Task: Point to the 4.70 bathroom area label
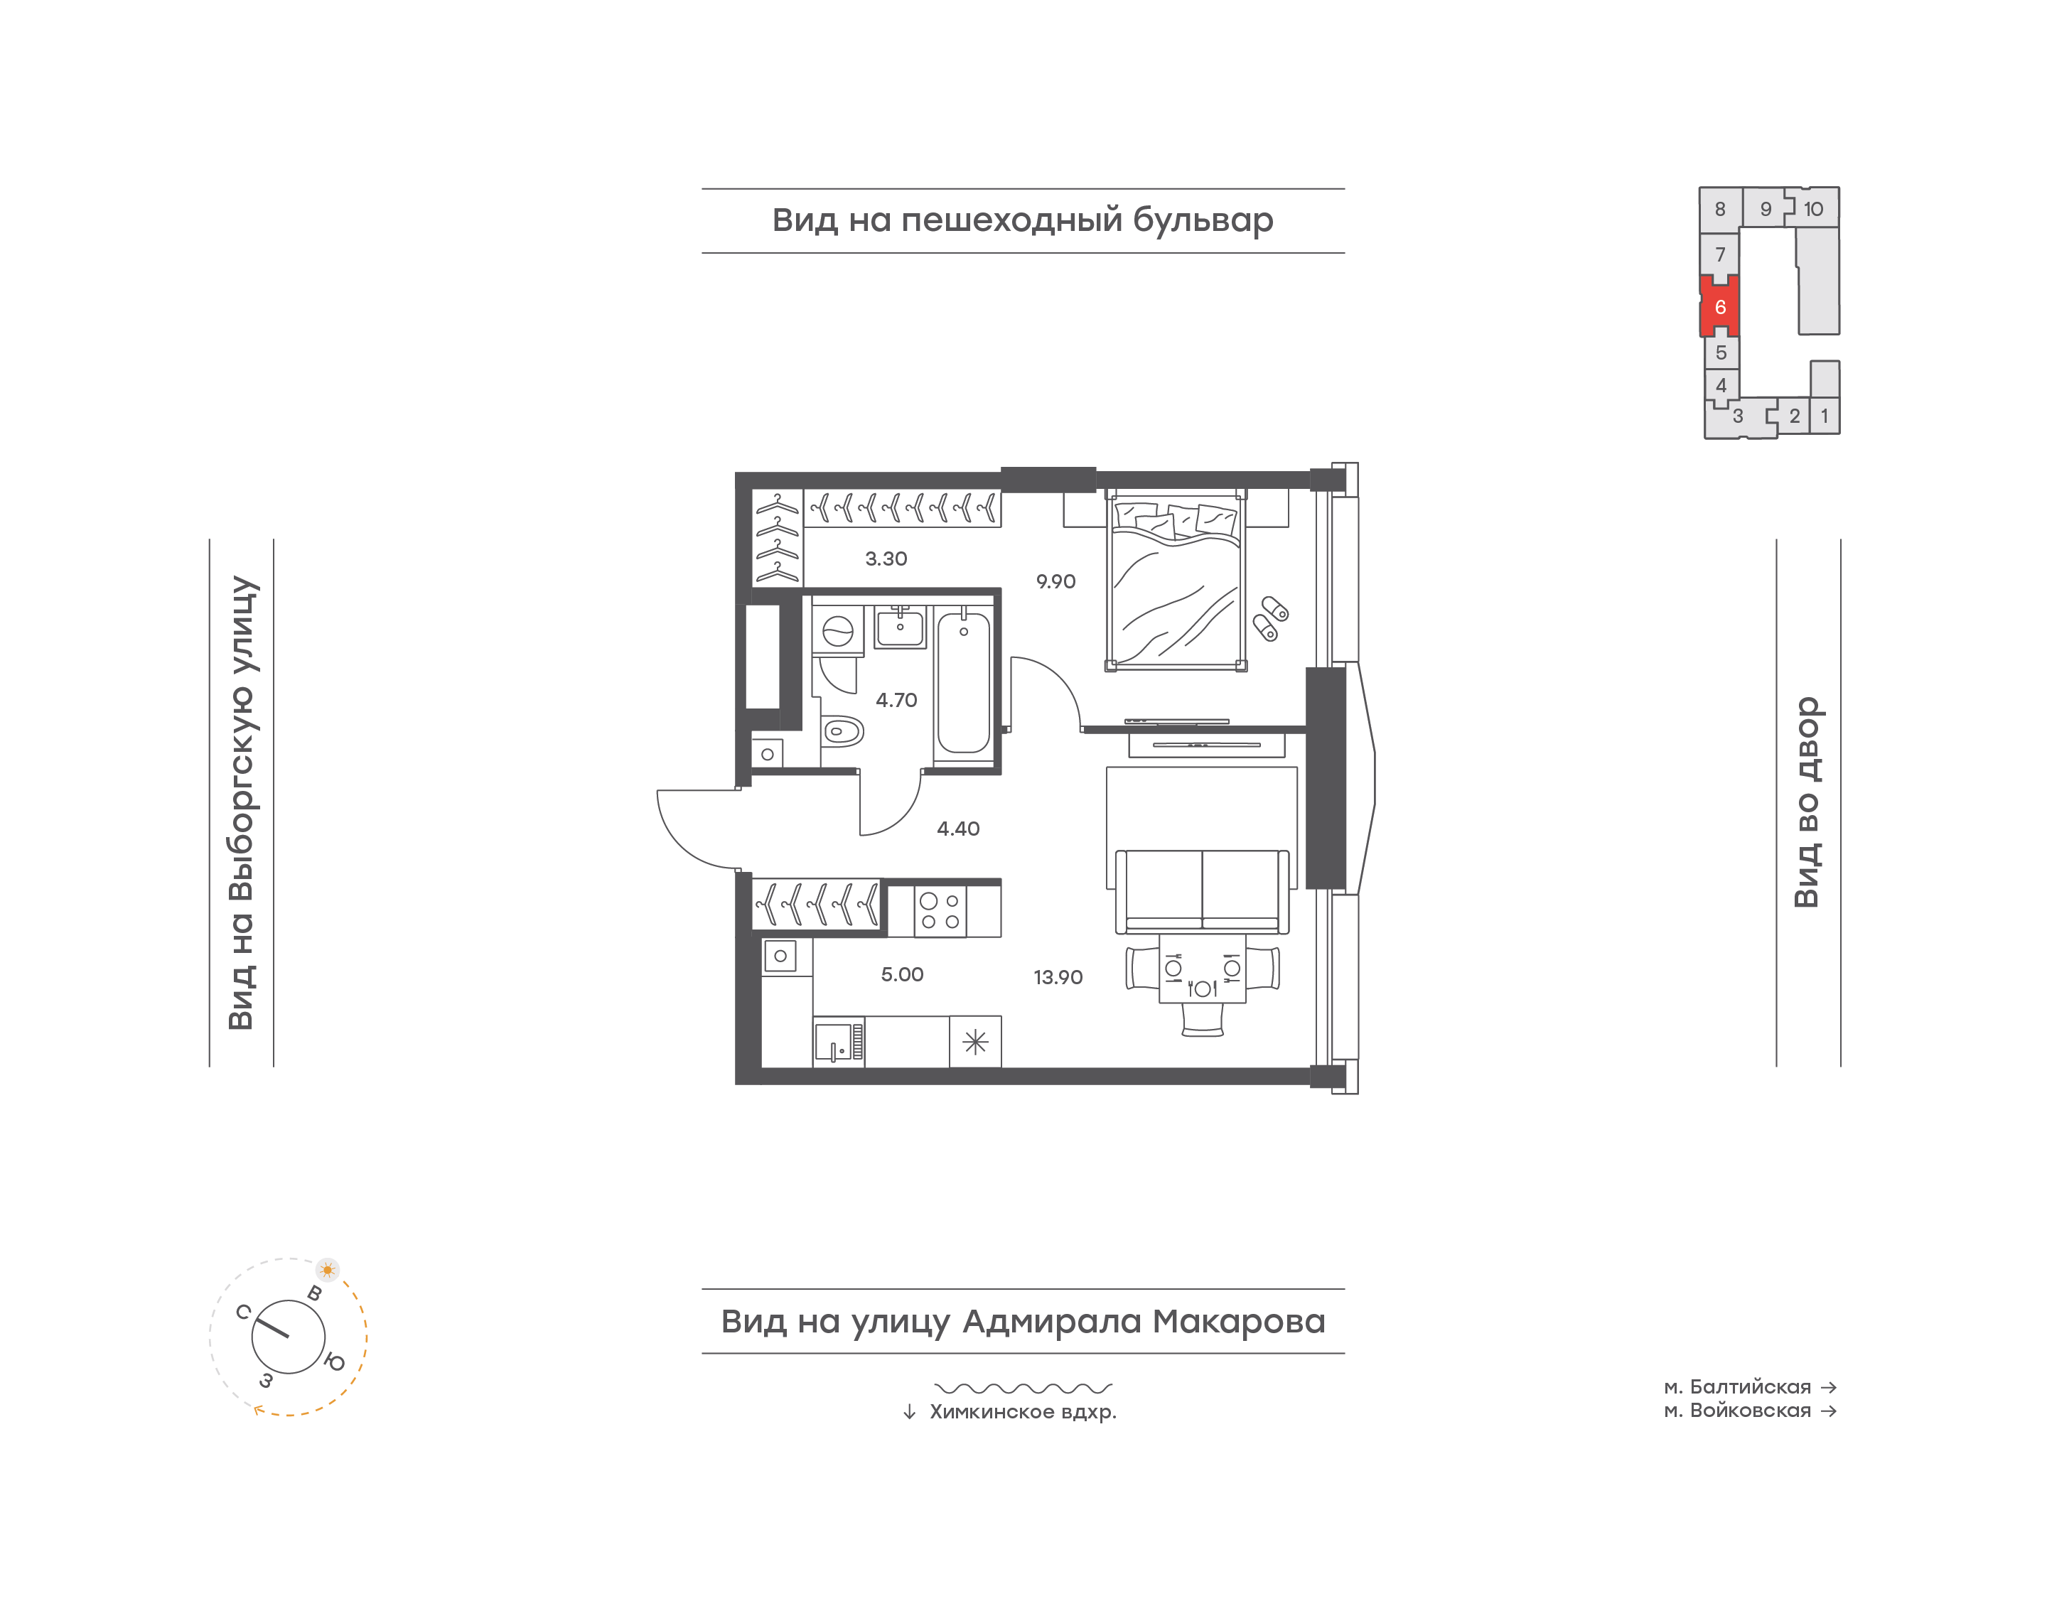(x=896, y=701)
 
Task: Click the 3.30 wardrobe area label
(x=886, y=559)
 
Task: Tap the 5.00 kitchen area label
(x=902, y=975)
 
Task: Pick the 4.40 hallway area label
(x=958, y=829)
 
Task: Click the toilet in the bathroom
(x=842, y=731)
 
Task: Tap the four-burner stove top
(x=940, y=911)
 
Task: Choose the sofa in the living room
(x=1202, y=891)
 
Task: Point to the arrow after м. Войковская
(x=1828, y=1411)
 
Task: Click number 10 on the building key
(x=1813, y=210)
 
